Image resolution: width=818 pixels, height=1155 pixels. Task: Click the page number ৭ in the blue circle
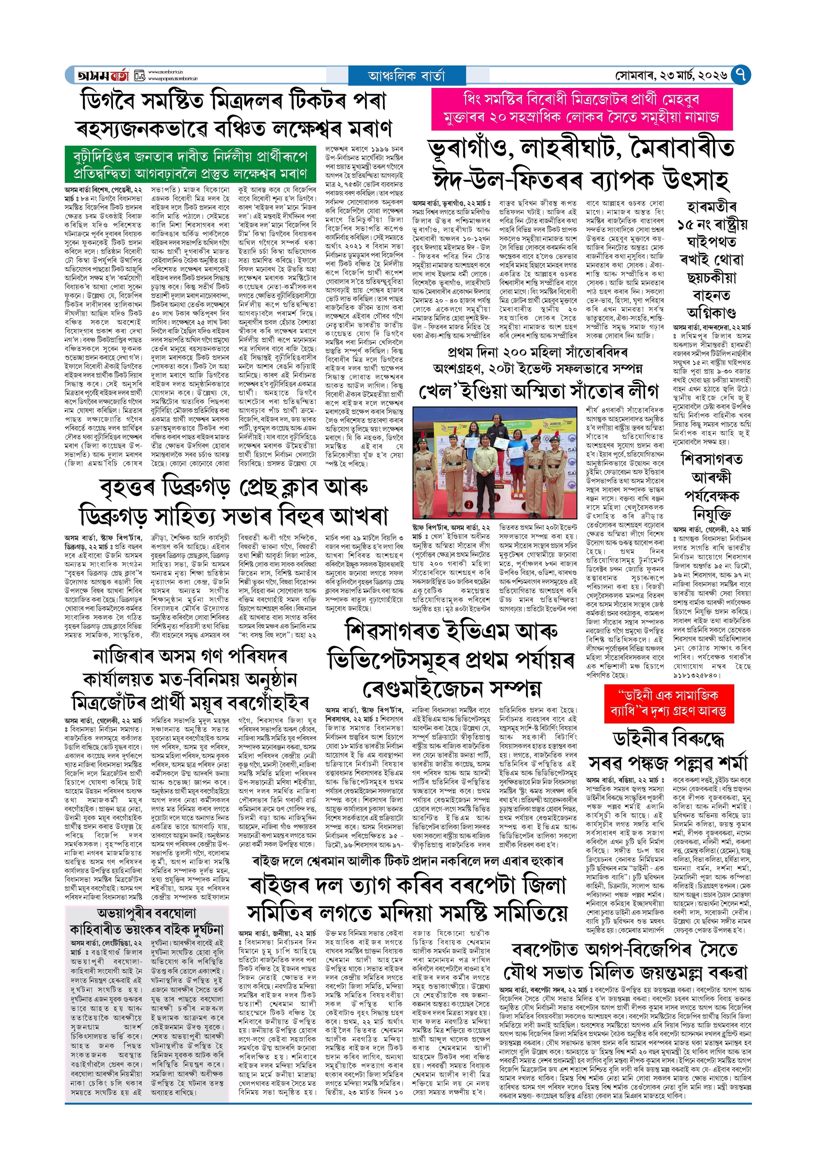(740, 75)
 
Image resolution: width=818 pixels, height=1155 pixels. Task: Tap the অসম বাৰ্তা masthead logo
(104, 75)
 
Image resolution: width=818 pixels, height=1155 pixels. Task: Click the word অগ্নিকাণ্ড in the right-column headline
(711, 313)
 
